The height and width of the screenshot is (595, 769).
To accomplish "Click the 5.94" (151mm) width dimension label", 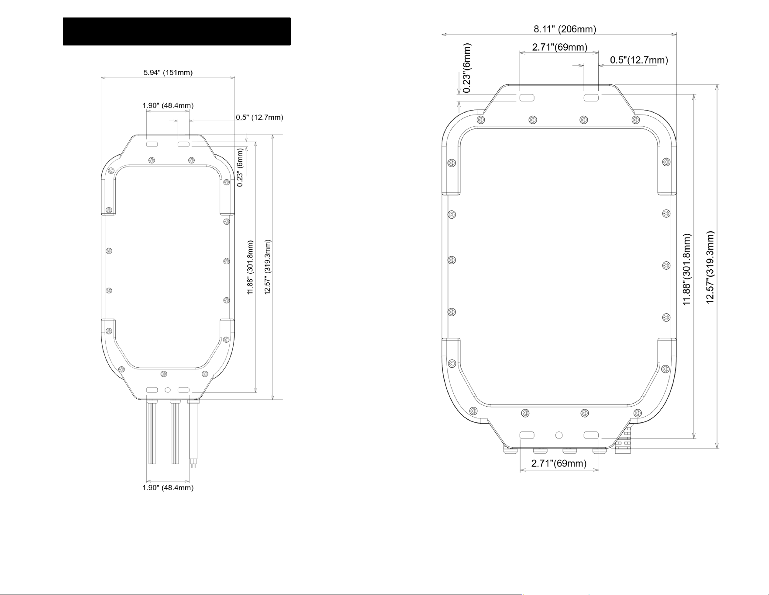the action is click(168, 73).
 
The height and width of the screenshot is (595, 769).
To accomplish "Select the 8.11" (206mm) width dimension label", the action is click(565, 29).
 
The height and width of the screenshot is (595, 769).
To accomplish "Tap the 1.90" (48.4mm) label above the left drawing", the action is click(168, 105).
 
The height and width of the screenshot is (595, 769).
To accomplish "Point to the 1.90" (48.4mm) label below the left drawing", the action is click(168, 487).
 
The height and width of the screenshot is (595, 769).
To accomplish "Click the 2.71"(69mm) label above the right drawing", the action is click(559, 47).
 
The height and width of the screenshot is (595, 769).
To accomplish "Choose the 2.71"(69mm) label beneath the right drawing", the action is click(559, 463).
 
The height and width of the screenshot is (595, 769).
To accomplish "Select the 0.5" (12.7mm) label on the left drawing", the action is click(259, 117).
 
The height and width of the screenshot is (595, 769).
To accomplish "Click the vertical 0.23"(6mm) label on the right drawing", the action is click(467, 68).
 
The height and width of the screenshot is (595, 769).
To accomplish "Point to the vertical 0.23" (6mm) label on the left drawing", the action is click(240, 167).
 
